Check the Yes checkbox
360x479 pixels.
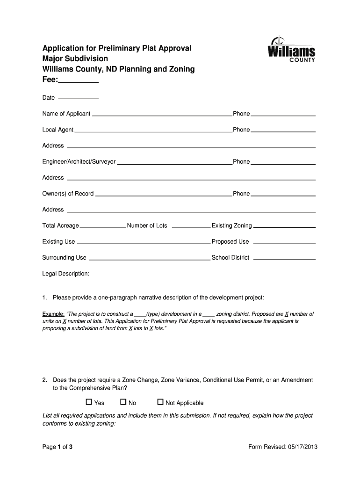point(89,402)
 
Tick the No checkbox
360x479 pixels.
point(123,402)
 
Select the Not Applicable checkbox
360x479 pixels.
point(160,402)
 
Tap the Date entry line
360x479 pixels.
point(78,98)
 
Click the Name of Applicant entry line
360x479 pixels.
point(162,114)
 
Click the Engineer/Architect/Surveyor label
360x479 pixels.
point(79,162)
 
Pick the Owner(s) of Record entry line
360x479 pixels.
point(164,194)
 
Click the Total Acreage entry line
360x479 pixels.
point(103,226)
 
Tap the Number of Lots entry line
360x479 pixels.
point(191,226)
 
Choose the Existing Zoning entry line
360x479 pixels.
point(284,226)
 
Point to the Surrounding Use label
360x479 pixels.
point(65,258)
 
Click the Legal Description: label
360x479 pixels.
point(66,274)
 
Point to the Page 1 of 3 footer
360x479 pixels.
point(58,447)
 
